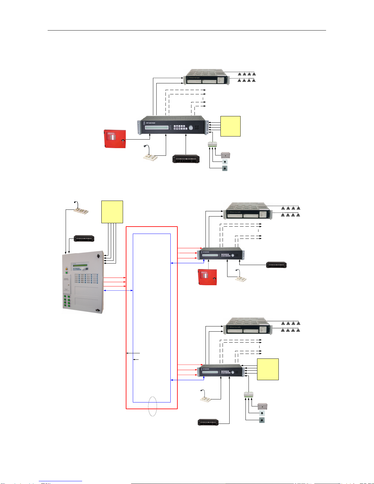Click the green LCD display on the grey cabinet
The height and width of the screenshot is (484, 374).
pos(79,265)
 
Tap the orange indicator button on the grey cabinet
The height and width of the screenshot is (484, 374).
pos(67,269)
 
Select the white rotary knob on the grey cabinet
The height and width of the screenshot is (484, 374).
pos(83,270)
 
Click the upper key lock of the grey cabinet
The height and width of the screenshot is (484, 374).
pos(98,256)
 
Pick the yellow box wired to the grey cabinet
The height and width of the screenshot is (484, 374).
pos(112,212)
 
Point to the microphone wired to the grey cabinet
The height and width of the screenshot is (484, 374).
pos(81,208)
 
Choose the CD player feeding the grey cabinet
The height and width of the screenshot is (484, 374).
pos(84,238)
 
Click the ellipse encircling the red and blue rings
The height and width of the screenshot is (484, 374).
pos(152,406)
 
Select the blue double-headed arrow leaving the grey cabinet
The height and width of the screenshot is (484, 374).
pos(118,290)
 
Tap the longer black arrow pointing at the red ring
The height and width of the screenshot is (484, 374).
pos(133,353)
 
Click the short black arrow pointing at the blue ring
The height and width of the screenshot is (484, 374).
pos(136,360)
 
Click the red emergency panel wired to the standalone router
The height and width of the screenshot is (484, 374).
pos(115,139)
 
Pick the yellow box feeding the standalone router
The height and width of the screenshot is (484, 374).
pos(231,126)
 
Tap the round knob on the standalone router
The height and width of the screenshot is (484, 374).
pos(191,128)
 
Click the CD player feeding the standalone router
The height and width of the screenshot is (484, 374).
pos(186,159)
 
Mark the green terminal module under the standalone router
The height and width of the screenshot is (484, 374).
pos(212,144)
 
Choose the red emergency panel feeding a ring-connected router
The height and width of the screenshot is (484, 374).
pos(208,277)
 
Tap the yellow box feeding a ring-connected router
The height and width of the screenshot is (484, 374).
pos(268,369)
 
